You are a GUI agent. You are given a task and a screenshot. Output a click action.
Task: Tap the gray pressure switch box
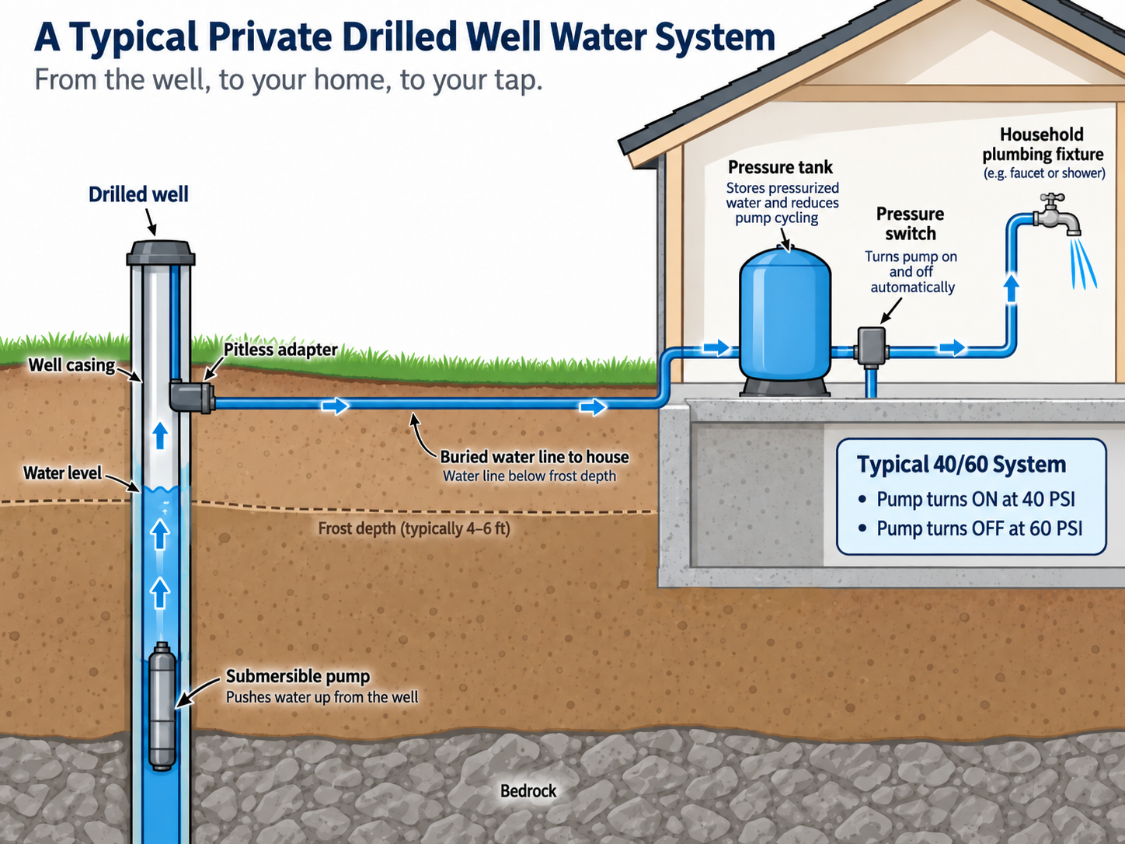point(871,346)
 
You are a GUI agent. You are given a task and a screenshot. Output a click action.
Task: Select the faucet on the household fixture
point(1057,214)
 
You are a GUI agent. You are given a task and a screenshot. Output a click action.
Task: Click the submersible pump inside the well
point(162,706)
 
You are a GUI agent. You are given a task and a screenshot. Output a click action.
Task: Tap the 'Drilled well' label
point(138,195)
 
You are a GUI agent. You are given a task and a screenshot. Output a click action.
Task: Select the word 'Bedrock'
point(528,790)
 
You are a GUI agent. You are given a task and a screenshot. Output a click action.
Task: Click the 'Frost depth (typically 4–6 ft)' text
point(414,528)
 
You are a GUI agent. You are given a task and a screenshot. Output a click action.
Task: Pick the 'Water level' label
point(62,473)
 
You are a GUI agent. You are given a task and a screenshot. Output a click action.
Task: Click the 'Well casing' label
point(71,365)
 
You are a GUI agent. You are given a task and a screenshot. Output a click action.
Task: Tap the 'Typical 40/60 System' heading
point(961,464)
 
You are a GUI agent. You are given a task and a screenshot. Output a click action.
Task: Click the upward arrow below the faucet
point(1012,289)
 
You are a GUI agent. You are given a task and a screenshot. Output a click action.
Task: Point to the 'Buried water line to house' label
point(535,457)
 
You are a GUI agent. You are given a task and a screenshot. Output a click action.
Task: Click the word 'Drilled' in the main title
point(399,37)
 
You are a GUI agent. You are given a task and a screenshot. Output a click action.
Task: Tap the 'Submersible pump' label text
point(298,676)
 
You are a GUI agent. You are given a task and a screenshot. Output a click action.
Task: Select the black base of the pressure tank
point(785,386)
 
